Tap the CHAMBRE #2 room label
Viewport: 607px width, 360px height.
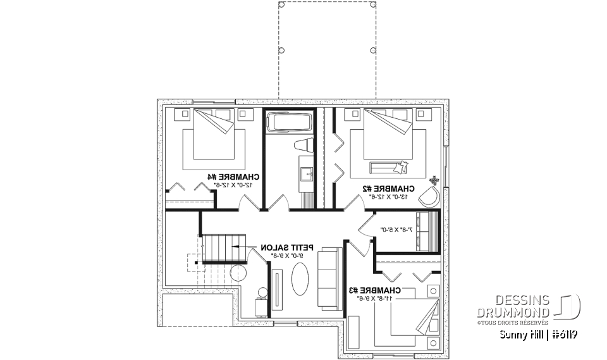388,188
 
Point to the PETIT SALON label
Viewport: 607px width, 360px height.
285,247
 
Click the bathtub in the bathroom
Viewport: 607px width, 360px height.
288,121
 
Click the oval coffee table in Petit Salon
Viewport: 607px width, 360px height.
299,279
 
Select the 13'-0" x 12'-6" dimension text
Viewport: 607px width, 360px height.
388,196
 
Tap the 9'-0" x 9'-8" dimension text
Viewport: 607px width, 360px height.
285,255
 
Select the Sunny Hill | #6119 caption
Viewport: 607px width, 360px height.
539,334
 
